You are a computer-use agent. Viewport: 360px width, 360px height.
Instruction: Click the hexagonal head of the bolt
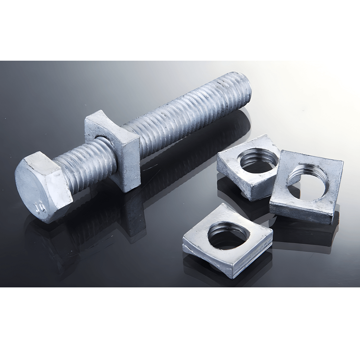point(43,188)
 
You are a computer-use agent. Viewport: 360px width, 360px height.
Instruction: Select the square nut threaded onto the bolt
point(114,149)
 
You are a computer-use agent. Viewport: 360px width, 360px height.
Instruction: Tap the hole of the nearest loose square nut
point(227,235)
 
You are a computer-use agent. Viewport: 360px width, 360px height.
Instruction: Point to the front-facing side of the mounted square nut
point(128,164)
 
